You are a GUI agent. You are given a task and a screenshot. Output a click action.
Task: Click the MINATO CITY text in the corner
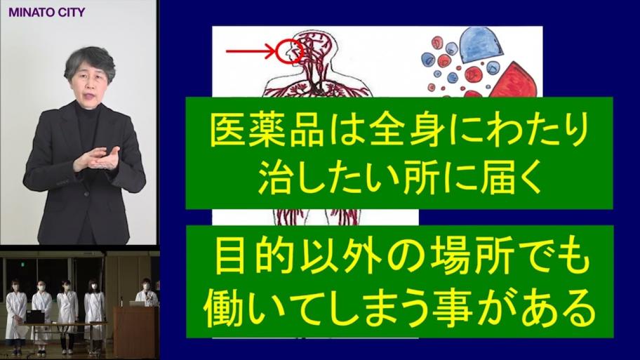click(x=46, y=12)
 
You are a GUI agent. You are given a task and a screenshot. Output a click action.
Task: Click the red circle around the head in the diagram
click(x=276, y=51)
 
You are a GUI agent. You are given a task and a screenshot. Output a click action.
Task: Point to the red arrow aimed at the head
click(x=251, y=51)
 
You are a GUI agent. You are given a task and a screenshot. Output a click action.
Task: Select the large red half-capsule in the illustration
click(x=516, y=81)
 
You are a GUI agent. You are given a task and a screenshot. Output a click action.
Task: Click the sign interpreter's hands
click(x=97, y=159)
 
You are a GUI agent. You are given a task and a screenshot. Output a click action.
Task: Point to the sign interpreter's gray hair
click(x=90, y=60)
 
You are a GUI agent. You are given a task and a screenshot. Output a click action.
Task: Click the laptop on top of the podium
click(x=136, y=304)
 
